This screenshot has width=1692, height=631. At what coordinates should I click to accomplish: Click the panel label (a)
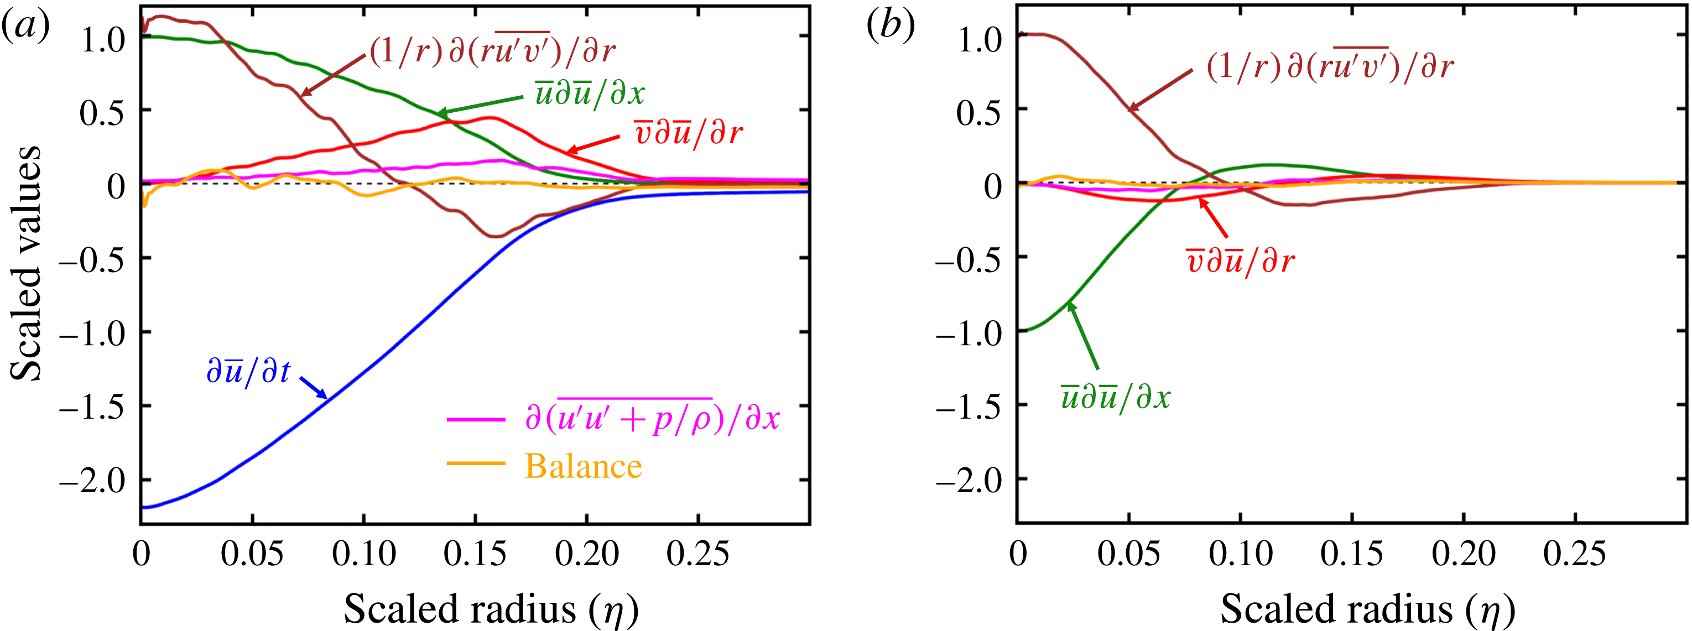pyautogui.click(x=25, y=28)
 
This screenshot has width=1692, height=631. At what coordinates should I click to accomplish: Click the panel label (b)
pyautogui.click(x=890, y=28)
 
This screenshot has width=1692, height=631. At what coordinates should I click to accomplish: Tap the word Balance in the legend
pyautogui.click(x=583, y=467)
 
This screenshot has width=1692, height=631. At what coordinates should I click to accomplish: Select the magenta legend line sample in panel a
pyautogui.click(x=476, y=419)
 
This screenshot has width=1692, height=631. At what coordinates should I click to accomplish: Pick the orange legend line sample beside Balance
pyautogui.click(x=476, y=463)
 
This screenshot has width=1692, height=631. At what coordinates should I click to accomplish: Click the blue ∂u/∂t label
pyautogui.click(x=248, y=372)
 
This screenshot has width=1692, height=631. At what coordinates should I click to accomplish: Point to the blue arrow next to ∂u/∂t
pyautogui.click(x=314, y=388)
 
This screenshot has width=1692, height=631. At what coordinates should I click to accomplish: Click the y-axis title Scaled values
pyautogui.click(x=27, y=263)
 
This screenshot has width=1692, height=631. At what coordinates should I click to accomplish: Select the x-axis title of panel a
pyautogui.click(x=491, y=609)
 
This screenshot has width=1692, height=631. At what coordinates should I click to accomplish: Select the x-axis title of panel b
pyautogui.click(x=1367, y=609)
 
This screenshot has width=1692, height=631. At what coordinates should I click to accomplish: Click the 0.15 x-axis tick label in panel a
pyautogui.click(x=475, y=554)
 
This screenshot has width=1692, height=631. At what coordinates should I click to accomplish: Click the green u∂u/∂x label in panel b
pyautogui.click(x=1115, y=397)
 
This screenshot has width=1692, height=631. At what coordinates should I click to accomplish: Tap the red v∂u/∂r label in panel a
pyautogui.click(x=688, y=133)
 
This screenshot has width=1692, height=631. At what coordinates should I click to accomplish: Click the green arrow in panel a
pyautogui.click(x=480, y=106)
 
